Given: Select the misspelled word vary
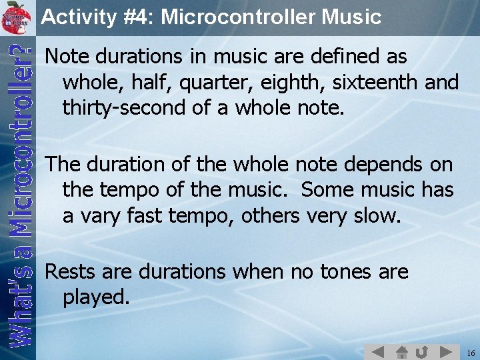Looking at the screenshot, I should [x=100, y=215].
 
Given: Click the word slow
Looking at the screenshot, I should [x=377, y=215].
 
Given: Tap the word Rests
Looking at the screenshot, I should [x=69, y=272].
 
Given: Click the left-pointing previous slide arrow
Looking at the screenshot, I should [x=377, y=351].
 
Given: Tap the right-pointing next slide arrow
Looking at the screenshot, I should [x=446, y=351].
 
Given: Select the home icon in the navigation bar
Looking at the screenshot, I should [x=401, y=351].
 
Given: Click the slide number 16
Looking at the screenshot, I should [x=471, y=352].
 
